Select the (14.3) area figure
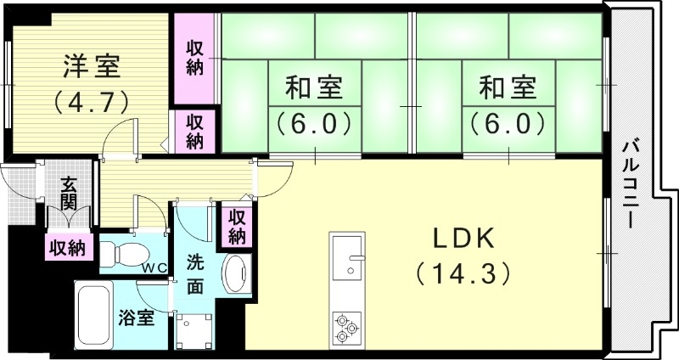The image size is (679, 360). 463,273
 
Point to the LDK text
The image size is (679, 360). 463,239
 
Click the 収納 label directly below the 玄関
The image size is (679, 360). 66,247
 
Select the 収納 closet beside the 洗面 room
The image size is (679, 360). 236,226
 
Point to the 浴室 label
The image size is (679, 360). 136,319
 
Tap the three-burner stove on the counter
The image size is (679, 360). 346,327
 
